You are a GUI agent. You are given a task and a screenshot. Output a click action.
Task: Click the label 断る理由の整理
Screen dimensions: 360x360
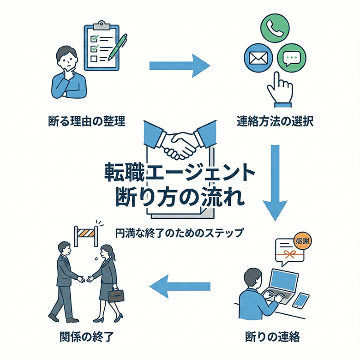pos(87,122)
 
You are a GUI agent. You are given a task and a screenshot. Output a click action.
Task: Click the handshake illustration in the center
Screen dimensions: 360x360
pos(180,141)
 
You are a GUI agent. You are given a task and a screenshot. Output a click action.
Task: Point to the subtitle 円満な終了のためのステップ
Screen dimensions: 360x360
pos(180,232)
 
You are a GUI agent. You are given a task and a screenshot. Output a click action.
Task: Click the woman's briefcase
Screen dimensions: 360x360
pos(116,294)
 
